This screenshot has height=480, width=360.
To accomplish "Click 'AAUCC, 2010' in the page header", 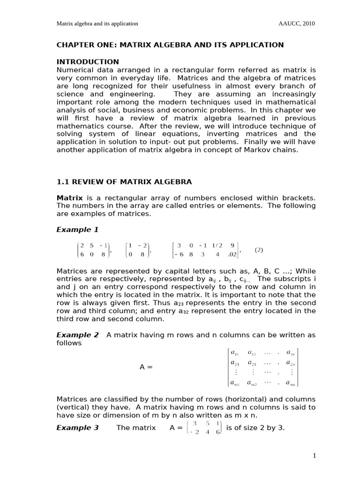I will (x=297, y=24).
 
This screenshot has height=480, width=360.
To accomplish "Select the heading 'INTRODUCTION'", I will (x=88, y=62).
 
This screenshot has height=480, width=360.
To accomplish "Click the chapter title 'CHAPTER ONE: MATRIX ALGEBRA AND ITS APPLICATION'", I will (x=170, y=45).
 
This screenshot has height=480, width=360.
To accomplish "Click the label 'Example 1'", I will (x=77, y=230).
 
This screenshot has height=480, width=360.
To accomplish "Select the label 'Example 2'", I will (x=77, y=335).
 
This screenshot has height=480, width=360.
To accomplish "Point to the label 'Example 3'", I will (x=77, y=427).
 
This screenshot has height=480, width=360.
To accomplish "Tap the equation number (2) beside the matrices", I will (x=259, y=250).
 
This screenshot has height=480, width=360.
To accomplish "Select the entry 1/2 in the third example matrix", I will (x=217, y=245).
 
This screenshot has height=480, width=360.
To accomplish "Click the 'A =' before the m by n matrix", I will (x=146, y=367).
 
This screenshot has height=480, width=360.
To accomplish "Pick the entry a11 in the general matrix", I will (x=235, y=353).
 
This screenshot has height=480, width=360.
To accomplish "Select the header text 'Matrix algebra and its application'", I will (x=97, y=24).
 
